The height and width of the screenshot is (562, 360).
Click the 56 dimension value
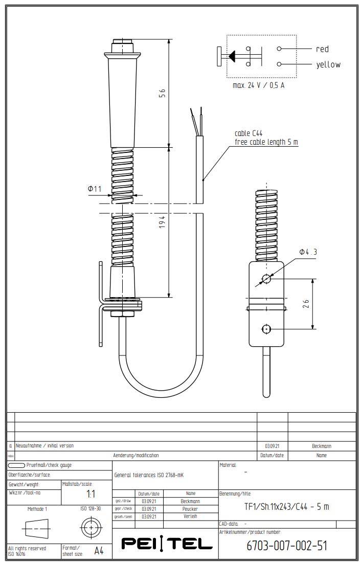162,93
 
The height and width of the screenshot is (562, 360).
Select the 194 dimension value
162,222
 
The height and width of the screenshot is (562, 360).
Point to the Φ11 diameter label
95,189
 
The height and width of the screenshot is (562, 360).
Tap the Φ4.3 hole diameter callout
308,252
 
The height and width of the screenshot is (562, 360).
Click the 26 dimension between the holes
305,304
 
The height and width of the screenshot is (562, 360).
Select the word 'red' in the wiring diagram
322,49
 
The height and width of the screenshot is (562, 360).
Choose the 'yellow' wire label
328,64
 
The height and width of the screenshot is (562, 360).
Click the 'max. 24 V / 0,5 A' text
258,85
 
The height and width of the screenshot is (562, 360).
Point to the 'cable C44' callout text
249,133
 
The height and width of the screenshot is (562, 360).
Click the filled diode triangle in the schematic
232,56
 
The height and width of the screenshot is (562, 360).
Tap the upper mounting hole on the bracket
266,279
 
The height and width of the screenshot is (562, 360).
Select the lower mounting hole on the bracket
266,329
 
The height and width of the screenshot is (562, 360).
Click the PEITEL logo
167,543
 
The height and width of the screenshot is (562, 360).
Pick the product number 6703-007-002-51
286,546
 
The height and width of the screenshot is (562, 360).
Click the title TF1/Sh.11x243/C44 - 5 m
286,507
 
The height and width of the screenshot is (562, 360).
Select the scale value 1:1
91,494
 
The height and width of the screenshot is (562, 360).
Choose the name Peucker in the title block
191,509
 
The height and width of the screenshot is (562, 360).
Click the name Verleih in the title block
191,516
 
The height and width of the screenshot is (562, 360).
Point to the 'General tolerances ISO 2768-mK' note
149,475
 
